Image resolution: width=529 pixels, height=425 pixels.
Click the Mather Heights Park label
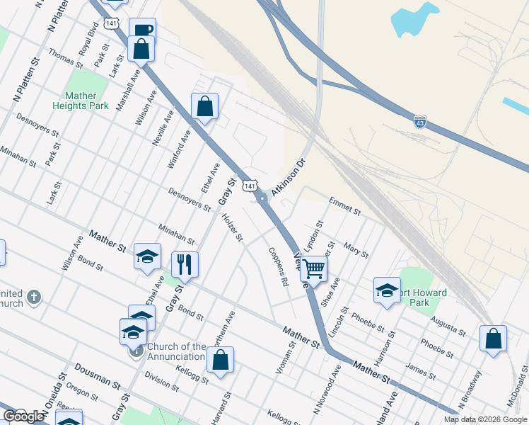point(81,101)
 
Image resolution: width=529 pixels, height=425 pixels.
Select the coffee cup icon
point(142,30)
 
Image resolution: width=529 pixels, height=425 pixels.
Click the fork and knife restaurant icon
point(185,264)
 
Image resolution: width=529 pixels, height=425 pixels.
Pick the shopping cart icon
point(313,268)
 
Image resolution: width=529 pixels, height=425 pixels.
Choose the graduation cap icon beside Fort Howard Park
point(387,290)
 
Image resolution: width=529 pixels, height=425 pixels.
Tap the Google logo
point(23,416)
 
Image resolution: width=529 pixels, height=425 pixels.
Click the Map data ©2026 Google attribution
point(485,419)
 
